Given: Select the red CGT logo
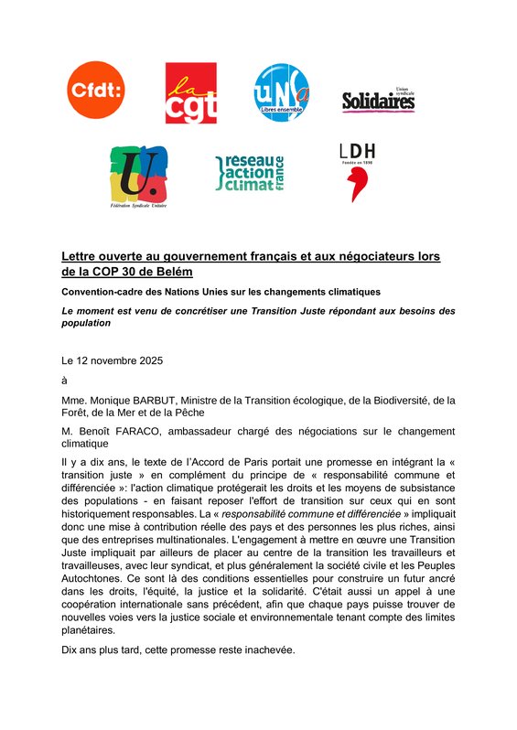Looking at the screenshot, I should [x=190, y=92].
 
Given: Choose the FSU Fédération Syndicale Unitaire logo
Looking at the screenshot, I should [x=138, y=177].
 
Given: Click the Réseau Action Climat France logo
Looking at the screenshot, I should [x=250, y=172].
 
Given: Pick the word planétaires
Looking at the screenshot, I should [x=88, y=630].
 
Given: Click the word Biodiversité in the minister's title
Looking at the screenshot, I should [x=382, y=399].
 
